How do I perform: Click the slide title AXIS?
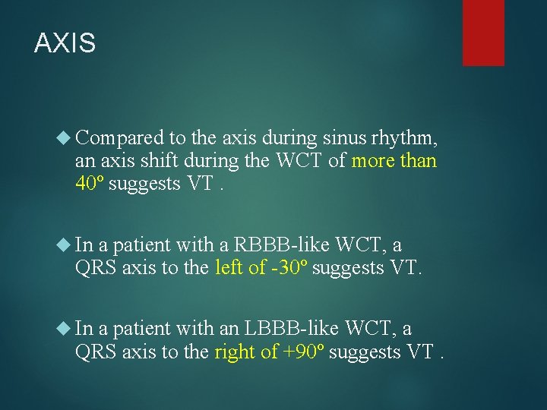pyautogui.click(x=65, y=43)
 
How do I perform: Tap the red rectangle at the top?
pyautogui.click(x=483, y=32)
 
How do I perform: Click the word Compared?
pyautogui.click(x=120, y=138)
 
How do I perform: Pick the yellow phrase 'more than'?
pyautogui.click(x=394, y=161)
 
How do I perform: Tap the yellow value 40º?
pyautogui.click(x=90, y=183)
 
